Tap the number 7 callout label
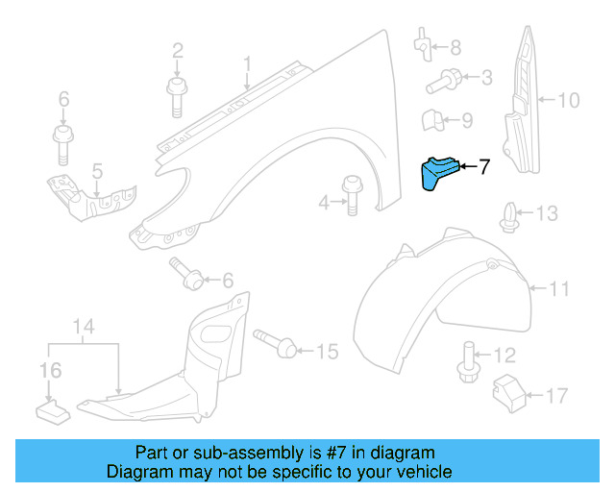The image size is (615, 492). (483, 167)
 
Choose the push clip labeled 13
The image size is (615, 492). (507, 217)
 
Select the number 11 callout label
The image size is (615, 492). (559, 287)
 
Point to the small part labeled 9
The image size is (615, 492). (433, 122)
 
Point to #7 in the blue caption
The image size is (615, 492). (312, 453)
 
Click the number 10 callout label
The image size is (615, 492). (569, 99)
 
